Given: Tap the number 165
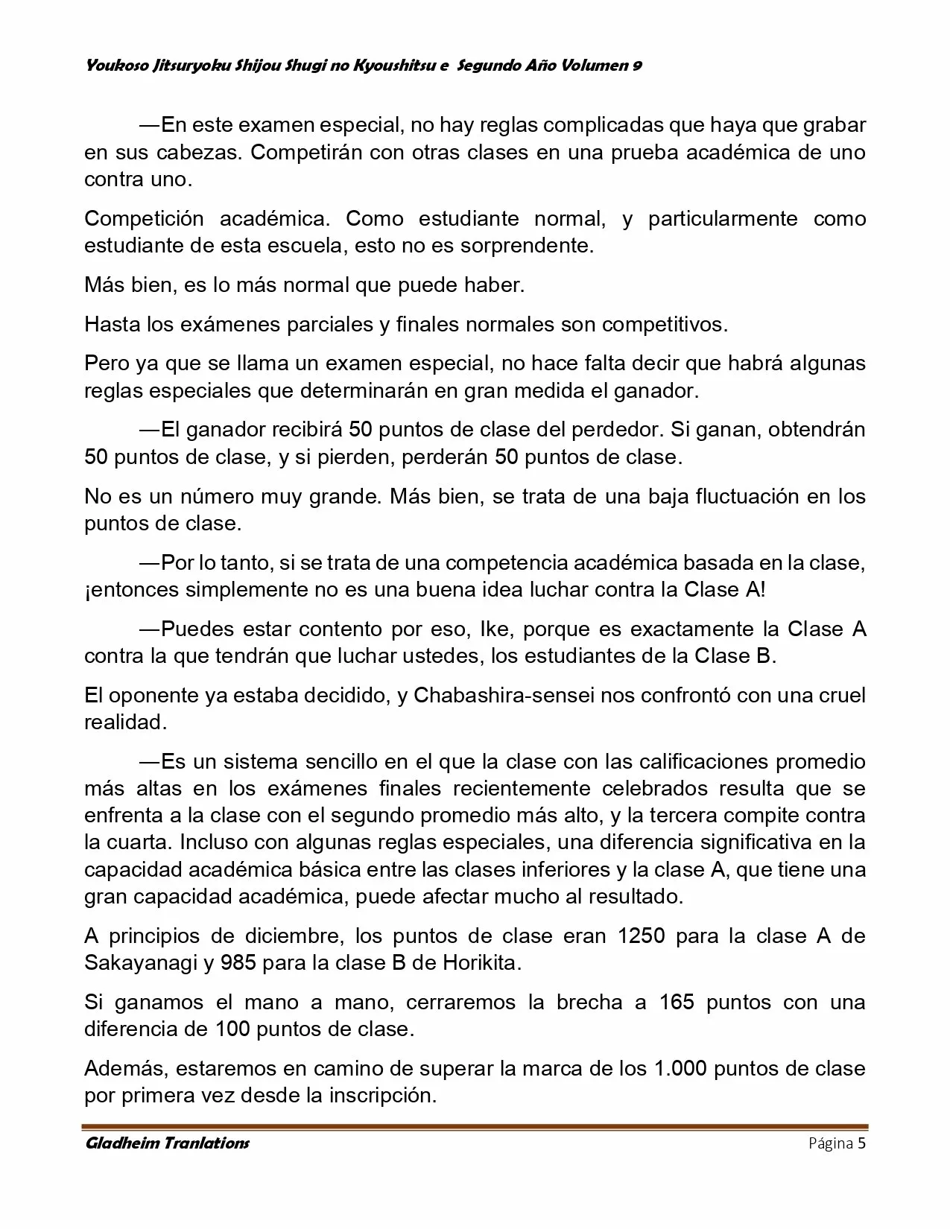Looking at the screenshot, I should click(x=677, y=1002).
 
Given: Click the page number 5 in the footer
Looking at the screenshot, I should click(x=861, y=1143).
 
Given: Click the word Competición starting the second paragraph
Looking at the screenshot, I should click(x=144, y=218).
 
